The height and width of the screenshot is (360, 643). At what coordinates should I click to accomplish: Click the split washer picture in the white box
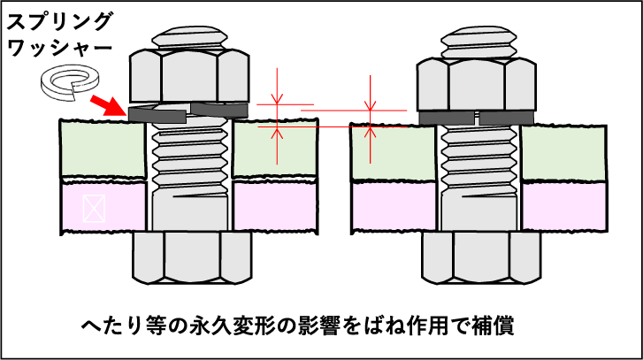(67, 82)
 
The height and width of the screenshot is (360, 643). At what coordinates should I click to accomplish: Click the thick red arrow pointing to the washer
(109, 106)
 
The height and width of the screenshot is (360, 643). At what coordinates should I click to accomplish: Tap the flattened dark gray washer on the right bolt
(476, 118)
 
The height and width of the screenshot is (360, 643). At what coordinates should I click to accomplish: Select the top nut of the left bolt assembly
(189, 77)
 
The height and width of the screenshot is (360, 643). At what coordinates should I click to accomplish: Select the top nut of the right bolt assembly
(476, 86)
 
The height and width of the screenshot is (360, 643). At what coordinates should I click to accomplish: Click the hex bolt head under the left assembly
(192, 257)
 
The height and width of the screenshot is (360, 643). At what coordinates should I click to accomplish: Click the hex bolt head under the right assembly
(480, 257)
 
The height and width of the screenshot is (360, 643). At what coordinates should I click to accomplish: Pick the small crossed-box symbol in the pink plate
(94, 208)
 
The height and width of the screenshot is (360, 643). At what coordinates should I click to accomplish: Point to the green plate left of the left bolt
(103, 149)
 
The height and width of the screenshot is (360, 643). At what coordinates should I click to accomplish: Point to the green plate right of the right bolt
(563, 153)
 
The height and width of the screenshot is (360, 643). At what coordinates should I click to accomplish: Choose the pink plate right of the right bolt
(563, 206)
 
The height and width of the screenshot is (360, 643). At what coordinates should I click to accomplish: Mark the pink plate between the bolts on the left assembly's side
(274, 206)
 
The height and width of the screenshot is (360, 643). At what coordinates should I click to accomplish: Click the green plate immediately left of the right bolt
(394, 153)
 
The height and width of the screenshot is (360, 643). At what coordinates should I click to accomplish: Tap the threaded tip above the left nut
(189, 38)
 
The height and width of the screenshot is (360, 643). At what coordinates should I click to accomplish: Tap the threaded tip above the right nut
(478, 41)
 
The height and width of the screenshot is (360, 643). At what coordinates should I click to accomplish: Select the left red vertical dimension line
(277, 115)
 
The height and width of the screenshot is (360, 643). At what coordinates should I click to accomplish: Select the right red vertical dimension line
(371, 119)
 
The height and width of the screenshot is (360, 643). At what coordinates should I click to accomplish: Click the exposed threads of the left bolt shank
(189, 159)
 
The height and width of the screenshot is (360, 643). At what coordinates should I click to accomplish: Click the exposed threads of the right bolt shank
(478, 159)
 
